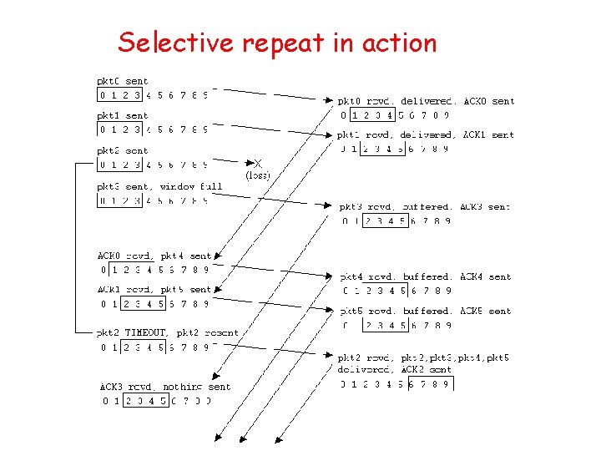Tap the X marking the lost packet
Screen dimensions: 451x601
click(257, 164)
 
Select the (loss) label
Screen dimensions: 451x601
click(257, 175)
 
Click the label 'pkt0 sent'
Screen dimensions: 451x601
click(123, 81)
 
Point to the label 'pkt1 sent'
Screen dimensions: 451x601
click(123, 116)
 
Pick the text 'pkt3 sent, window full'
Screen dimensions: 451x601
click(159, 186)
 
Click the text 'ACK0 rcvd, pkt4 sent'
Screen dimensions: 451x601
click(154, 256)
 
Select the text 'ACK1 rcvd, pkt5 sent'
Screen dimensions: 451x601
click(154, 290)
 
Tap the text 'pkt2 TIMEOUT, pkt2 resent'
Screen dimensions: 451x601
click(168, 332)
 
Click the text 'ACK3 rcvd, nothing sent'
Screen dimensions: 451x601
click(165, 387)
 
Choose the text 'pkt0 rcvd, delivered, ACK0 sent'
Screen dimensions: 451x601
click(426, 101)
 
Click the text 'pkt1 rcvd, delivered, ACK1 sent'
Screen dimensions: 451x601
click(426, 134)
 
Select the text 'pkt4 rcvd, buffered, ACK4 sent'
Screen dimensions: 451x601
click(425, 276)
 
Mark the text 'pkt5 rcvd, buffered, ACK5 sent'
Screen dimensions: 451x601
click(425, 311)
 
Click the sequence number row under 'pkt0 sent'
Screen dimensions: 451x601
click(153, 95)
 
